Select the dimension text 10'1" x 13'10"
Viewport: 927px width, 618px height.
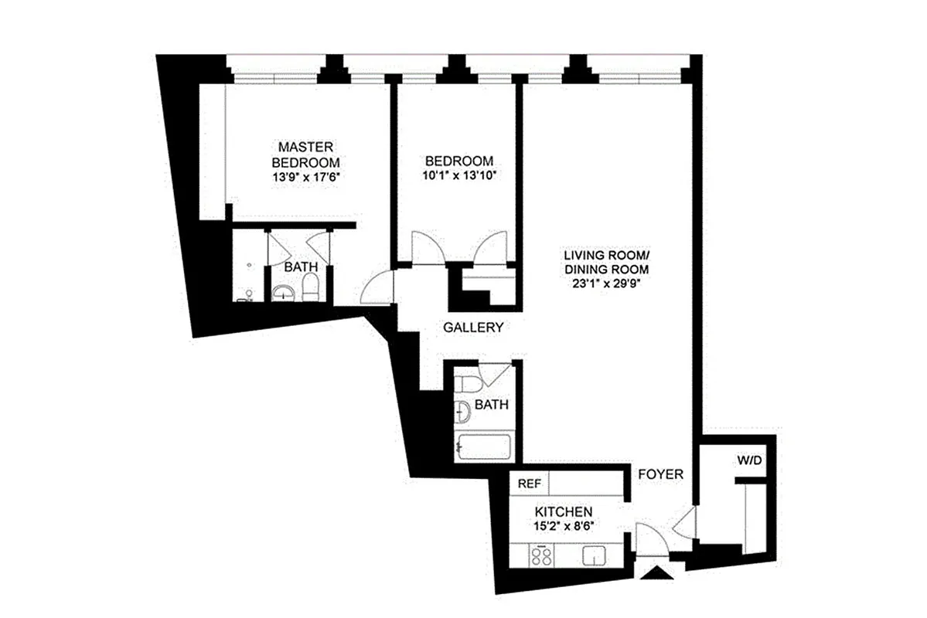pyautogui.click(x=458, y=175)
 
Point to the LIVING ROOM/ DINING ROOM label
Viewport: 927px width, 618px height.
pyautogui.click(x=604, y=262)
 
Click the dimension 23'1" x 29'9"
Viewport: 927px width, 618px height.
pyautogui.click(x=604, y=283)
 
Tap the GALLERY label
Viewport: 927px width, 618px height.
pyautogui.click(x=473, y=328)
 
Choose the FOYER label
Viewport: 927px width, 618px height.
pyautogui.click(x=659, y=474)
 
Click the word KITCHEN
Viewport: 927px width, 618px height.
pyautogui.click(x=564, y=511)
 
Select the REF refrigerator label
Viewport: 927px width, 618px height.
pyautogui.click(x=529, y=484)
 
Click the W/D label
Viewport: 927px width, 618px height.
pyautogui.click(x=748, y=461)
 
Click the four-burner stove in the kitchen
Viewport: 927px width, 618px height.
pyautogui.click(x=539, y=556)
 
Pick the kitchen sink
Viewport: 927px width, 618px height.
pyautogui.click(x=594, y=556)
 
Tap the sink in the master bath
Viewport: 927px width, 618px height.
pyautogui.click(x=282, y=292)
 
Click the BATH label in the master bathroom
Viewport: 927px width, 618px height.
pyautogui.click(x=300, y=267)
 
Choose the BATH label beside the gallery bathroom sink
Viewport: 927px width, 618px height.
pyautogui.click(x=491, y=405)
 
